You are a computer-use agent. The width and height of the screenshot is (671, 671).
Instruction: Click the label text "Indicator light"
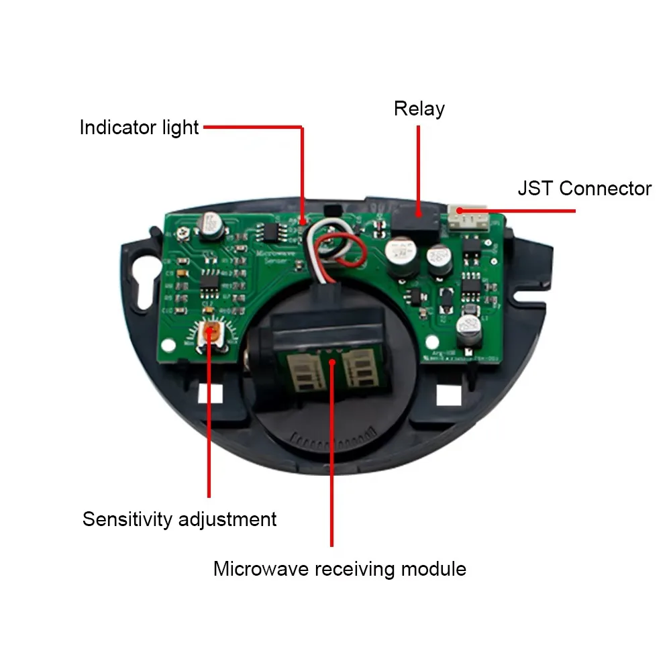click(139, 127)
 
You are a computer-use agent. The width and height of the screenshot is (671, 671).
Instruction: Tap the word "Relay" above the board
click(419, 109)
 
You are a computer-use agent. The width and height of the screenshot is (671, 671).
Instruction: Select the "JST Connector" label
click(584, 189)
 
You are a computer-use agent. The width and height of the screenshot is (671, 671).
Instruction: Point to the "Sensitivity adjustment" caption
click(179, 519)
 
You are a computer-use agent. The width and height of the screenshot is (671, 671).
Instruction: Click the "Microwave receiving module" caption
click(340, 570)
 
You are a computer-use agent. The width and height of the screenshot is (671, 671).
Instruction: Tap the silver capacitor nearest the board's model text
click(468, 330)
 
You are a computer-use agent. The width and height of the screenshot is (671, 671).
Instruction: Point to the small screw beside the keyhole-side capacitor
click(182, 234)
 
